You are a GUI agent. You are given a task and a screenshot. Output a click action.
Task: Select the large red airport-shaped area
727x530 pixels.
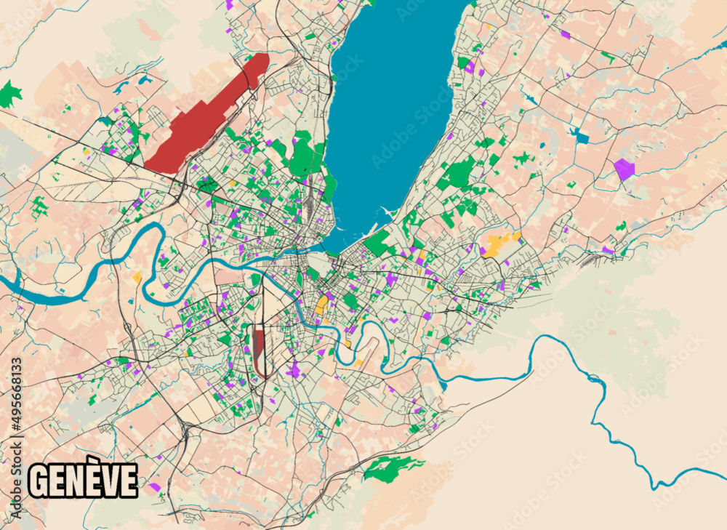point(204,116)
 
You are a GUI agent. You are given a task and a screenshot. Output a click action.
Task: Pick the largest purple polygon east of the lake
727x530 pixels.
point(624,169)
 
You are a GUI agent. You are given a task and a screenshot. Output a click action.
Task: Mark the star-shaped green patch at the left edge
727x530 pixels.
point(9,94)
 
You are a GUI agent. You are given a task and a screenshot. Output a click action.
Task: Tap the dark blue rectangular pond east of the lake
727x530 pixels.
point(579,135)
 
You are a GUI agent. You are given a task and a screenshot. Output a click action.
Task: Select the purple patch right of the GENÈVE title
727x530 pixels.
point(154,486)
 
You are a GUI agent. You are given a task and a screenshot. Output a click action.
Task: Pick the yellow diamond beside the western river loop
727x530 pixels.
point(137,277)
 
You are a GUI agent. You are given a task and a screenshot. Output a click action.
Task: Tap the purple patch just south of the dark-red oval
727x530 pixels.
point(293,371)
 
